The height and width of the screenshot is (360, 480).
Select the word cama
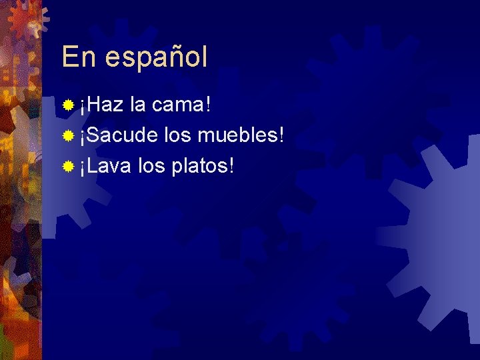click(177, 105)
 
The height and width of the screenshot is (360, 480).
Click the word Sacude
click(121, 135)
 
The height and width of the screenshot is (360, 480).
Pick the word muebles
click(236, 135)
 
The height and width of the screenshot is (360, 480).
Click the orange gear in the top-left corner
click(25, 19)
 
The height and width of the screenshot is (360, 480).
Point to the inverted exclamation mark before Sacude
click(83, 137)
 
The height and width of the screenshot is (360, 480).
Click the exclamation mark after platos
click(231, 165)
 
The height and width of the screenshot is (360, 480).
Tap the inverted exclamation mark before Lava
click(83, 167)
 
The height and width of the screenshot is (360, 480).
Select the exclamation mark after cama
click(209, 104)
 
